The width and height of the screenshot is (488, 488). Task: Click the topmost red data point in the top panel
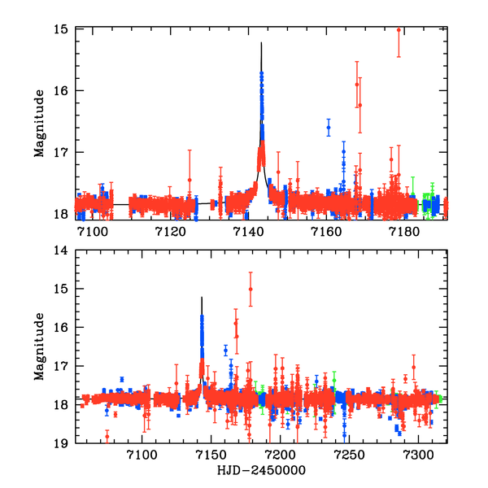coord(399,29)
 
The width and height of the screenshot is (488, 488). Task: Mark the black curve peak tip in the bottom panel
coord(202,298)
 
